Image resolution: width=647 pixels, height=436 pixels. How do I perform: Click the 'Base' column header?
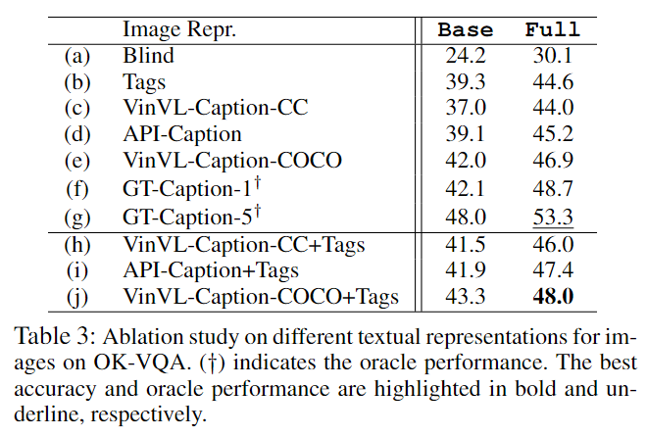[466, 29]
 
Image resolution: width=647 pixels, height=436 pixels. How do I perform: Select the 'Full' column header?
[552, 29]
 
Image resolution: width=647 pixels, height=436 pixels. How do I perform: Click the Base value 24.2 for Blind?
[466, 56]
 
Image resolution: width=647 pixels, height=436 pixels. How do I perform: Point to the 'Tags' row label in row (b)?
[144, 82]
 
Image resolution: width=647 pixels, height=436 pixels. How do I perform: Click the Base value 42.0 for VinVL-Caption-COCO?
[466, 162]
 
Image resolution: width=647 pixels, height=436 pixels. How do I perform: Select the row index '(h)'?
[77, 242]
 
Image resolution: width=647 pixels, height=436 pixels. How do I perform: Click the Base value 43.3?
[466, 295]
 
